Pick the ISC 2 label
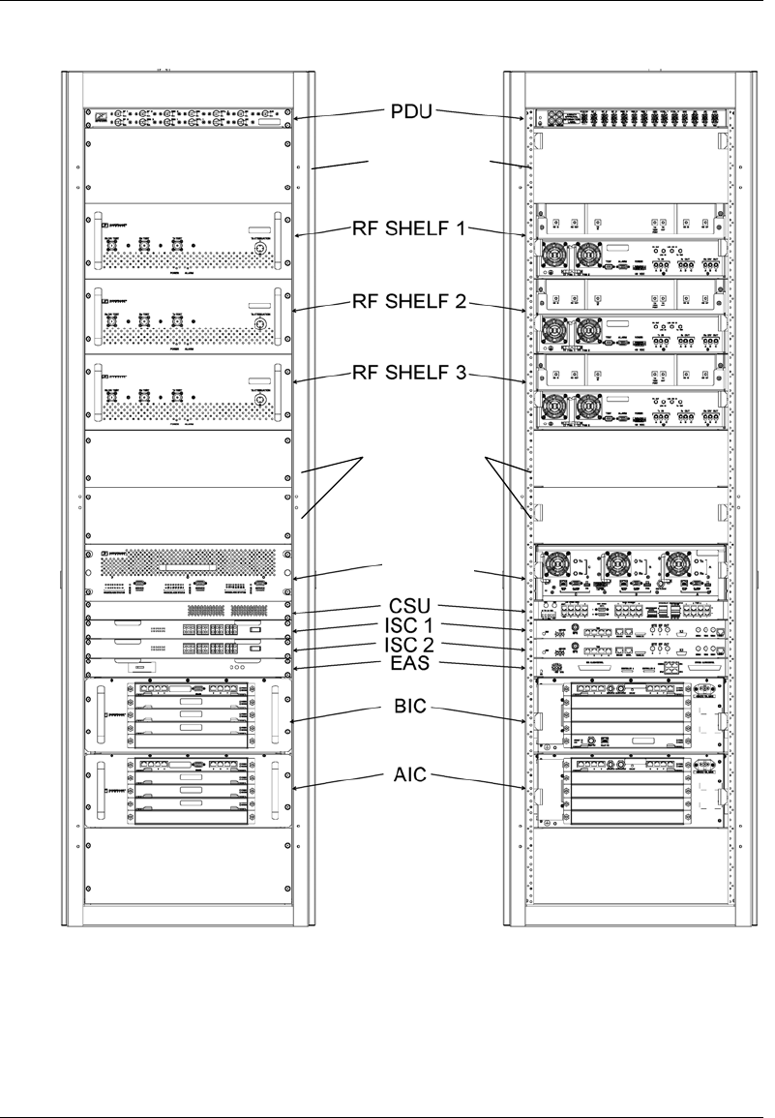411,645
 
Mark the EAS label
411,663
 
